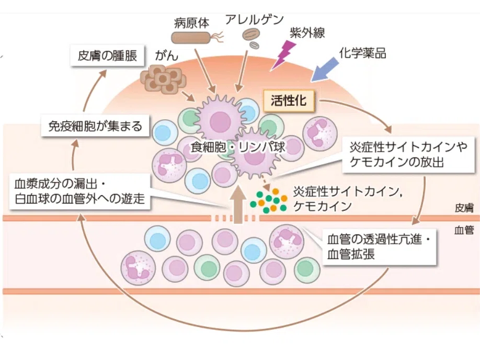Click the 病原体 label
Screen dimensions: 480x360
(191, 24)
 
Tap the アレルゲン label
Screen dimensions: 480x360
(255, 19)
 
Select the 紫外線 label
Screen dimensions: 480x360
(307, 32)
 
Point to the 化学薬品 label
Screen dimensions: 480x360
(362, 53)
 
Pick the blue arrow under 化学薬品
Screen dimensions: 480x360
(325, 70)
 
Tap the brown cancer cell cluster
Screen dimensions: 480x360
(163, 78)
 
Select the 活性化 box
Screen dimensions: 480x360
(289, 100)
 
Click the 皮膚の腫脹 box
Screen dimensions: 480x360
(107, 55)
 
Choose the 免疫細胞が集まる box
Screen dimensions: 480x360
(95, 126)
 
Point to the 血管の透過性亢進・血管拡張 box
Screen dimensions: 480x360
(379, 246)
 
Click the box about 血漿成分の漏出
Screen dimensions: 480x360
(80, 192)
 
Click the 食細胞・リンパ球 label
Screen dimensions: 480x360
(238, 148)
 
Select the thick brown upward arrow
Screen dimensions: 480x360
(238, 206)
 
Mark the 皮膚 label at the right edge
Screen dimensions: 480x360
(464, 208)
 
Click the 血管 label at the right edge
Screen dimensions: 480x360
(464, 230)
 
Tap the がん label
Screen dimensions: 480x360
(166, 56)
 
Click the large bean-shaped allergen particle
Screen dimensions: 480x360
(252, 35)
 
